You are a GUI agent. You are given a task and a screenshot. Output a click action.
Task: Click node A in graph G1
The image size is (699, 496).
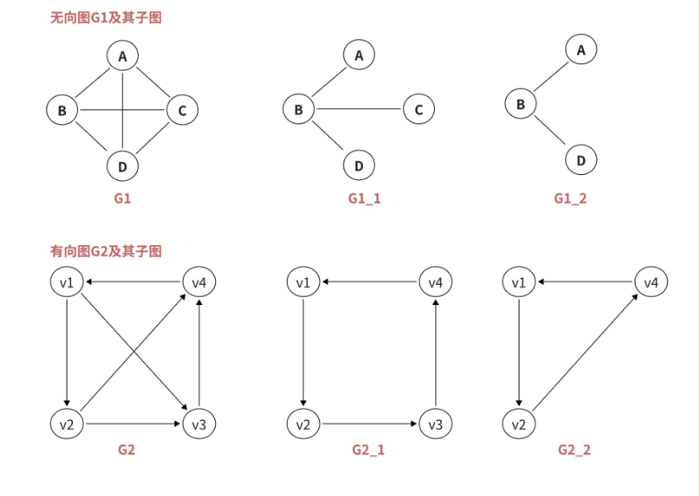[123, 57]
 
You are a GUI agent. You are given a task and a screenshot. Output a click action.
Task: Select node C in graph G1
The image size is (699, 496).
[182, 110]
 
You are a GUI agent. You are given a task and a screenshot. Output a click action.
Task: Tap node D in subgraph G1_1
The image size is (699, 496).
[359, 165]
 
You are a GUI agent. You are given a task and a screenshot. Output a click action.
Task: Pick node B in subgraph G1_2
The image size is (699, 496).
[520, 105]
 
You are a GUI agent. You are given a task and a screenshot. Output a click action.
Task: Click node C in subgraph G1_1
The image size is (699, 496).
[419, 109]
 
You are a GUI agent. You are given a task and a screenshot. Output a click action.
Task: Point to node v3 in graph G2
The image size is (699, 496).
[199, 423]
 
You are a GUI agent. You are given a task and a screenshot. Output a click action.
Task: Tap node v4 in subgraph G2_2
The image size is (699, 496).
[651, 282]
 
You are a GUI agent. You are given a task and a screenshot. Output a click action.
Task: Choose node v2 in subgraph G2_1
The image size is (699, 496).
[302, 423]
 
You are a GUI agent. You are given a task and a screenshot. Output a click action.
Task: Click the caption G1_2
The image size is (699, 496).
[570, 198]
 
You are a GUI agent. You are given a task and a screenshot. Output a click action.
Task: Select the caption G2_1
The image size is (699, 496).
[369, 450]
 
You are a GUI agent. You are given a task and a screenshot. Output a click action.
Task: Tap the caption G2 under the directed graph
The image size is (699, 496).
[126, 450]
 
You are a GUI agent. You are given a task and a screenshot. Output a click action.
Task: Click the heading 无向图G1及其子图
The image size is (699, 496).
[106, 18]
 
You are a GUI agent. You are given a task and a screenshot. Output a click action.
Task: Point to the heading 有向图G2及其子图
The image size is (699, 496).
[106, 251]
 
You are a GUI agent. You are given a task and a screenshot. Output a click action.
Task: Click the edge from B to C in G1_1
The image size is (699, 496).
[359, 109]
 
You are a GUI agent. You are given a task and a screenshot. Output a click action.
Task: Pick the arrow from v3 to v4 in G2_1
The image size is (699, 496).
[435, 353]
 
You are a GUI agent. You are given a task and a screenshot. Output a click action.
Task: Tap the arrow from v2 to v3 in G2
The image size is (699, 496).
[133, 423]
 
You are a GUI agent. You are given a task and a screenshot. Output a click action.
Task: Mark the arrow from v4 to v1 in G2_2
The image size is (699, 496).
[584, 282]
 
